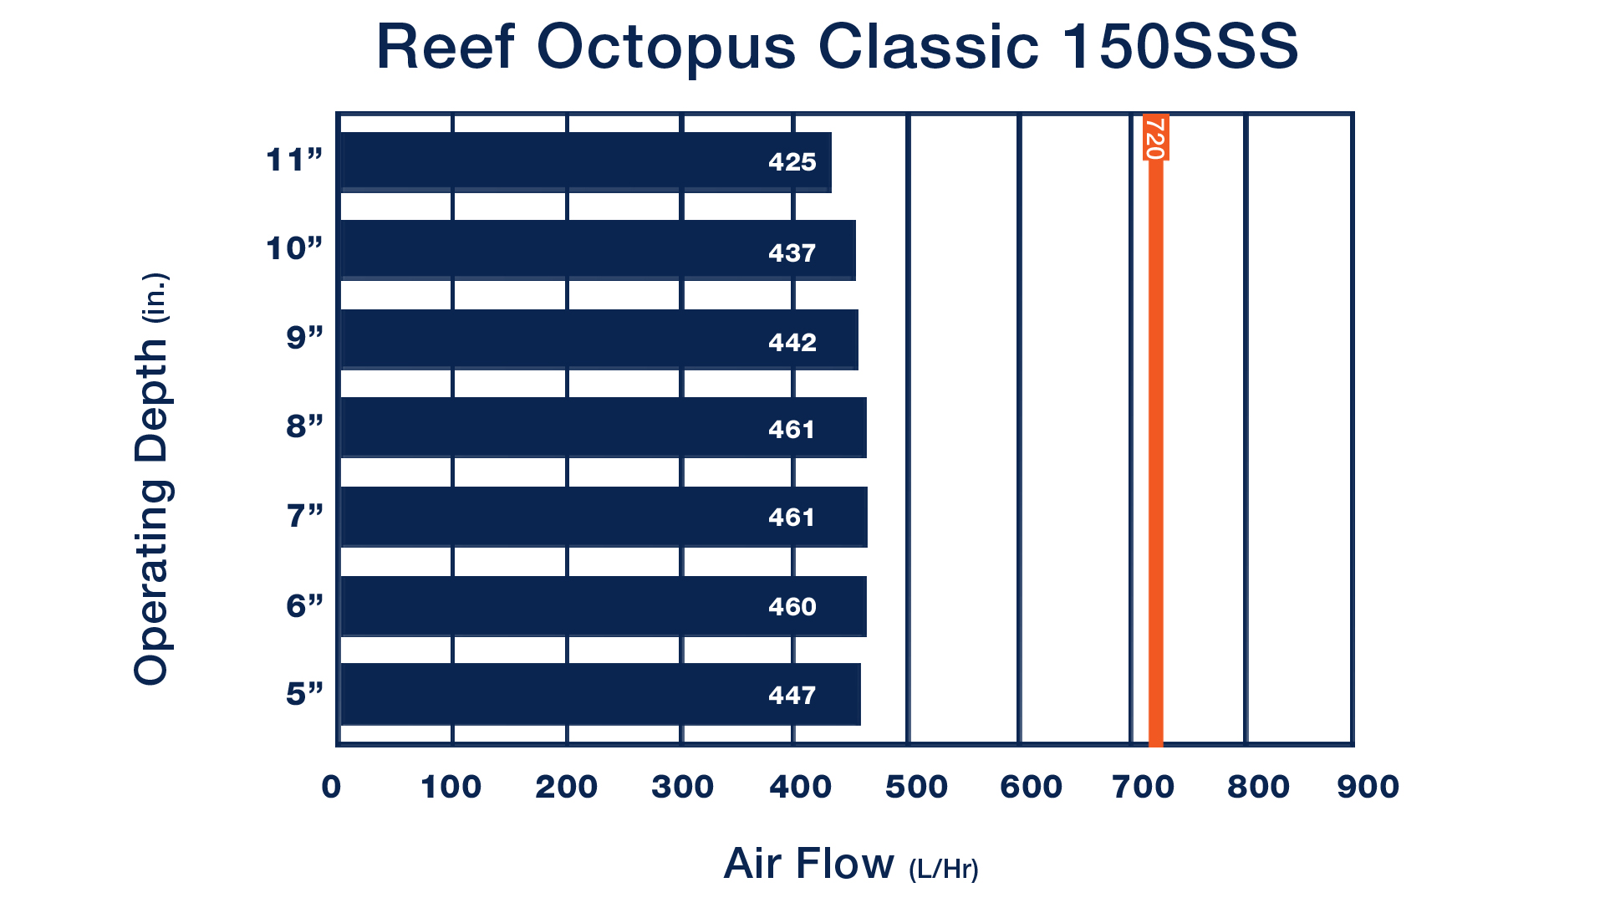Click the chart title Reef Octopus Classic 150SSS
tap(838, 47)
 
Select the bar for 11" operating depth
tap(586, 162)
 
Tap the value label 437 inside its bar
tap(792, 253)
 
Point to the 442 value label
tap(792, 342)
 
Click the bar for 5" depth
tap(601, 694)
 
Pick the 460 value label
tap(792, 606)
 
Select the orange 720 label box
tap(1155, 137)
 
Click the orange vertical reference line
tap(1155, 429)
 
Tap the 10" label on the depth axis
tap(294, 248)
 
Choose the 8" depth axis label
tap(304, 426)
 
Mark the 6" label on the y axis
tap(304, 605)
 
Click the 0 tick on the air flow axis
tap(331, 787)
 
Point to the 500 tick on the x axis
tap(916, 787)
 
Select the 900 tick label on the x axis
tap(1368, 787)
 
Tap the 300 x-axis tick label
tap(683, 787)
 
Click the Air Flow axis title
tap(851, 865)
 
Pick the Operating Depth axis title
tap(152, 479)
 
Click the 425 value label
tap(792, 161)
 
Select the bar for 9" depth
tap(599, 339)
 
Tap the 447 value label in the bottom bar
tap(792, 695)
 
